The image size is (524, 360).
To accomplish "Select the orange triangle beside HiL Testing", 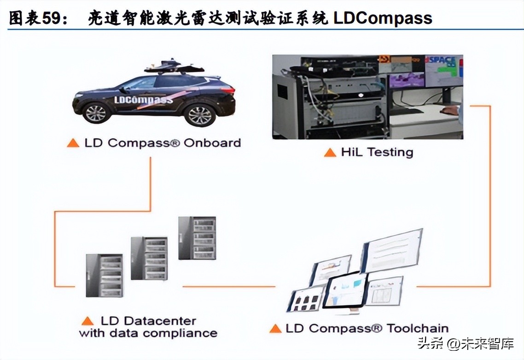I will tap(330, 152).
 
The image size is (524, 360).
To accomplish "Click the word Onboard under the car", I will tap(212, 143).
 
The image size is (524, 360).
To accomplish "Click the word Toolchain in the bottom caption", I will tap(418, 328).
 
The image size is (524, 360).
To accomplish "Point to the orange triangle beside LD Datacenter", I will tap(87, 321).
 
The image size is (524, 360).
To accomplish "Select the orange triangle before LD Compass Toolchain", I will tap(275, 329).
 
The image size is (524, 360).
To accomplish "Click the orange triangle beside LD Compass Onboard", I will tap(73, 143).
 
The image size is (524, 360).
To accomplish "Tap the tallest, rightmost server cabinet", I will tap(197, 238).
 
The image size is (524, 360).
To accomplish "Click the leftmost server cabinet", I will tap(104, 275).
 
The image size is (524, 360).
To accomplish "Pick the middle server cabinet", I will tap(149, 258).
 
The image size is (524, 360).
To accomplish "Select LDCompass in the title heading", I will tap(383, 18).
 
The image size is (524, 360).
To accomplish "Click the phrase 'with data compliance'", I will tap(148, 333).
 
